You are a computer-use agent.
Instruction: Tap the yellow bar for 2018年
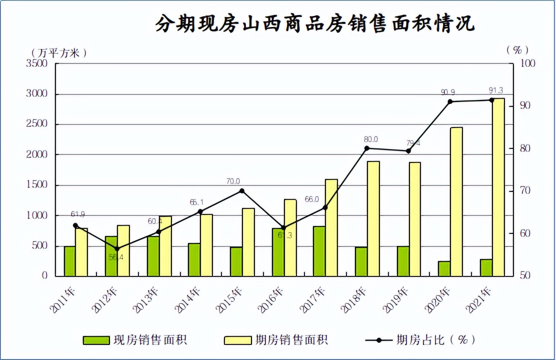pyautogui.click(x=373, y=218)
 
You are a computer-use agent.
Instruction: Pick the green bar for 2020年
pyautogui.click(x=444, y=268)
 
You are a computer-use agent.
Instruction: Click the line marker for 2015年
pyautogui.click(x=242, y=190)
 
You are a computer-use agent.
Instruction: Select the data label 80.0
pyautogui.click(x=371, y=139)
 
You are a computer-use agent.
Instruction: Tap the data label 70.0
pyautogui.click(x=232, y=181)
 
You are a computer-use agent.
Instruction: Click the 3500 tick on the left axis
pyautogui.click(x=37, y=63)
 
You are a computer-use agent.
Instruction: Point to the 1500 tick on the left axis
pyautogui.click(x=37, y=185)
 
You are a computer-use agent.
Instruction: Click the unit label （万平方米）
pyautogui.click(x=59, y=52)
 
